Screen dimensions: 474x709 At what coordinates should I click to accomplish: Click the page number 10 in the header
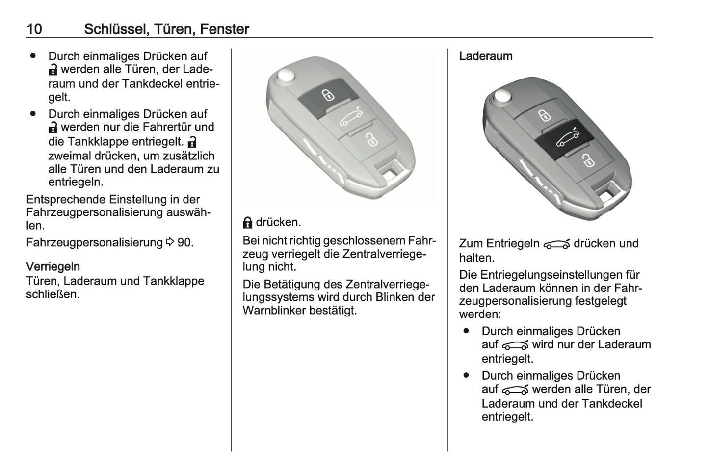pos(34,29)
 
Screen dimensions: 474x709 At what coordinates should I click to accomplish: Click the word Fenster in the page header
pos(224,29)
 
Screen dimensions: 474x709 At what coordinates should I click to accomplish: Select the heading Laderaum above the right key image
pos(485,56)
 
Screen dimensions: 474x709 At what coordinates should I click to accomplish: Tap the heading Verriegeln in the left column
pos(53,267)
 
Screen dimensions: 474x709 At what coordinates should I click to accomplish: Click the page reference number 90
pos(184,243)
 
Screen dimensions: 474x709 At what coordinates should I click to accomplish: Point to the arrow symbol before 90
pos(170,243)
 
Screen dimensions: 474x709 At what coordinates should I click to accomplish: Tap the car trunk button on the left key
pos(349,118)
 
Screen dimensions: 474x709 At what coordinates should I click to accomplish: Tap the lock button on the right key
pos(543,115)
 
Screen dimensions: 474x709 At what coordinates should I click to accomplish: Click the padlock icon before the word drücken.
pos(248,223)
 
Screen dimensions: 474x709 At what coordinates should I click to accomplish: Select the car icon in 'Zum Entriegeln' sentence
pos(556,244)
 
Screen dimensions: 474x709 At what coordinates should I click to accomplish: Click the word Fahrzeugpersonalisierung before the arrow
pos(94,243)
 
